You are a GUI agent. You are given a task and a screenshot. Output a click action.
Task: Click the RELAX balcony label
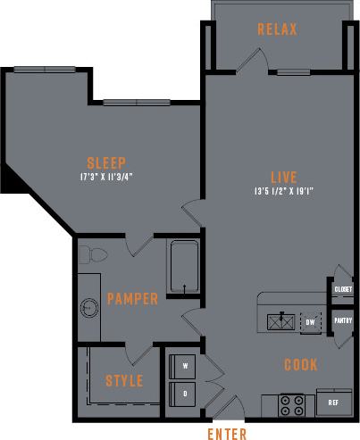276,29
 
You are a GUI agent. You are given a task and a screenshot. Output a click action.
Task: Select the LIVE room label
284,176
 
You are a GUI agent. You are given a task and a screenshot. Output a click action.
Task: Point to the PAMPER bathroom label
132,298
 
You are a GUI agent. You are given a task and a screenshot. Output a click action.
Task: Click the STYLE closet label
124,381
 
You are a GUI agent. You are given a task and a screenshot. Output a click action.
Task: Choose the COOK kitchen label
301,364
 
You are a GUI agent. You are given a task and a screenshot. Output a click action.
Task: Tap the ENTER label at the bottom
227,434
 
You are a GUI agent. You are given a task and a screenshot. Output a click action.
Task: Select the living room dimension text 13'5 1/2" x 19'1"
283,190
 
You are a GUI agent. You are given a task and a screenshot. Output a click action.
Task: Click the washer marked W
185,366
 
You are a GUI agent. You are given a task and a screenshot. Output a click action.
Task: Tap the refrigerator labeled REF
333,403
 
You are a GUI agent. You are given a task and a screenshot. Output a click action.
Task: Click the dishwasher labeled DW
310,321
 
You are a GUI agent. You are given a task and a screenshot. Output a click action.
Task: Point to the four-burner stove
291,404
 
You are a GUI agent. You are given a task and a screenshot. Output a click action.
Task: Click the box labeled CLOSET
343,290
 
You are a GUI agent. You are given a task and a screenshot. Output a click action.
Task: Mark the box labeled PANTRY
343,320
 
